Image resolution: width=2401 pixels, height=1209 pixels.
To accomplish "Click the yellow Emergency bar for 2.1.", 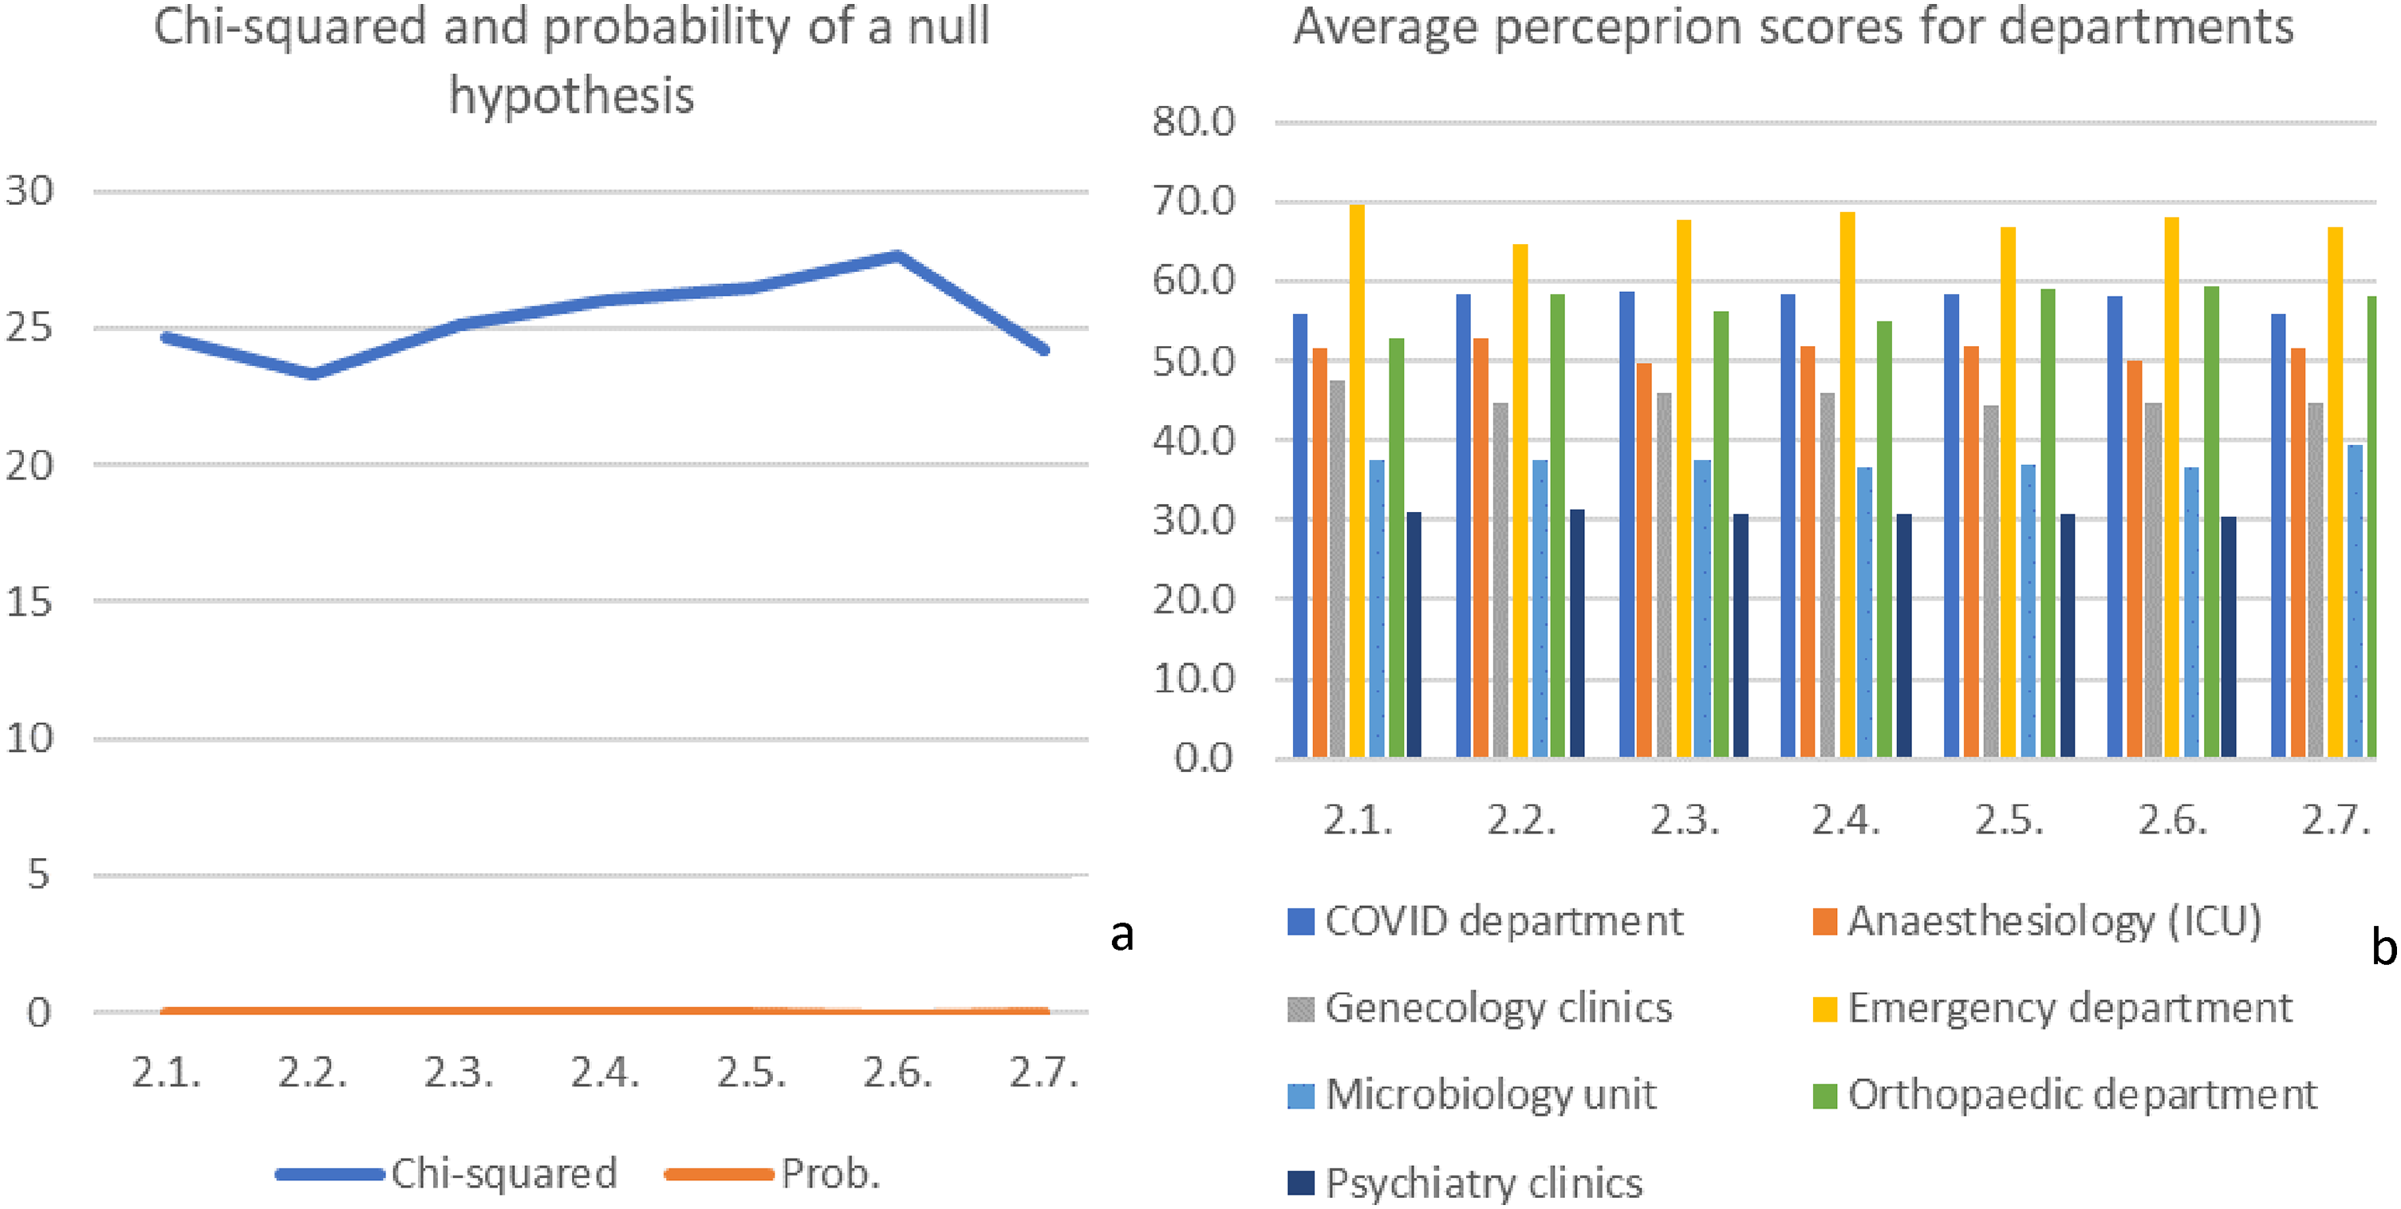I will [x=1357, y=480].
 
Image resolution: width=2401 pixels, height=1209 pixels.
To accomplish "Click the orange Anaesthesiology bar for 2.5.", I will [x=1971, y=551].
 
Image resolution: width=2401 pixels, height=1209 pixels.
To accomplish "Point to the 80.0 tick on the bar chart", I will [x=1194, y=122].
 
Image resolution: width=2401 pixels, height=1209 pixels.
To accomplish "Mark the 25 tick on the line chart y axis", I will [x=29, y=328].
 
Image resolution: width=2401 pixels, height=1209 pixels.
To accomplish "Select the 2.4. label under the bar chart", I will [x=1847, y=821].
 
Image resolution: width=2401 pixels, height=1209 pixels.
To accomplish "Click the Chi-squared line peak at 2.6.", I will [x=897, y=255].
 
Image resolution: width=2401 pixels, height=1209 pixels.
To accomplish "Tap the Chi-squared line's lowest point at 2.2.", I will [x=313, y=374].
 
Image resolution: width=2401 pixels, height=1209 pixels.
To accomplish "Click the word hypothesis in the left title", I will [x=571, y=95].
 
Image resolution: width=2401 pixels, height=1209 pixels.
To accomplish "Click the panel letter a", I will [x=1122, y=933].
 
